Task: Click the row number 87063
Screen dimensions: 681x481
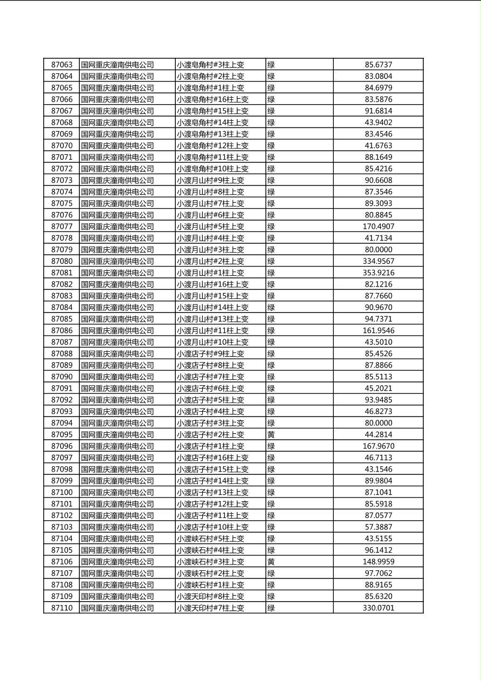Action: coord(61,65)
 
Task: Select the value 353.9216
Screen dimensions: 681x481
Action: coord(378,273)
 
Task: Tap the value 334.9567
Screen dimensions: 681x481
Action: coord(378,261)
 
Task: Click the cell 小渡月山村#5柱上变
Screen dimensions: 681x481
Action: coord(210,227)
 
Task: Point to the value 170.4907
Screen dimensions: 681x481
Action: coord(378,227)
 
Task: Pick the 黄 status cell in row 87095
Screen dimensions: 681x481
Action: coord(271,434)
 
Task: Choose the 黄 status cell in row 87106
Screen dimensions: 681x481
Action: coord(271,562)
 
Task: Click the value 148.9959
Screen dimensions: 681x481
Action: coord(378,562)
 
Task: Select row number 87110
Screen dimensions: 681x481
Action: coord(61,608)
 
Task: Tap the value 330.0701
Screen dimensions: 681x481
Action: coord(378,608)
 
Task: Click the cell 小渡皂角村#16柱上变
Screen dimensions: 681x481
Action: coord(212,99)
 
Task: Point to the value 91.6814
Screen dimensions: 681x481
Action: coord(378,111)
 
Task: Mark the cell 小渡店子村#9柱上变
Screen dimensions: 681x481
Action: coord(210,353)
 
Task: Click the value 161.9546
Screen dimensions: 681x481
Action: coord(378,330)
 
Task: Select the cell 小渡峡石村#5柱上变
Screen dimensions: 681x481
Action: coord(210,539)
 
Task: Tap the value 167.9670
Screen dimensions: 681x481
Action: coord(378,446)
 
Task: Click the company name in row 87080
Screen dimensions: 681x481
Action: coord(118,261)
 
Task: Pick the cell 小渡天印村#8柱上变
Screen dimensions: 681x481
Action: coord(210,596)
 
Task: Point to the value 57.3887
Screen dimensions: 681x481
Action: coord(378,527)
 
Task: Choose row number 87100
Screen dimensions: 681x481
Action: coord(61,492)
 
